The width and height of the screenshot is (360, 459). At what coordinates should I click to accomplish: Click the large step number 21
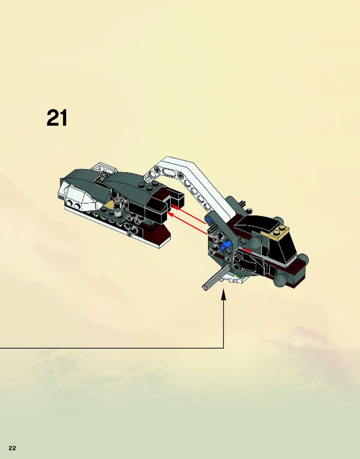point(57,118)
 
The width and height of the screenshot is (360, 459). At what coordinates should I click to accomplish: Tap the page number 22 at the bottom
point(12,448)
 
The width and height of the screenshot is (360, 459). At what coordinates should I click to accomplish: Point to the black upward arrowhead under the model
point(223,295)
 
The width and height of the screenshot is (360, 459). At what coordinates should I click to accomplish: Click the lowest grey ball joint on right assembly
point(280,280)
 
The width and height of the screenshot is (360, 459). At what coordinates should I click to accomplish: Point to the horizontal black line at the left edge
point(94,348)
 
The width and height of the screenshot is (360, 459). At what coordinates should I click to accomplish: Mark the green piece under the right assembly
point(240,276)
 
